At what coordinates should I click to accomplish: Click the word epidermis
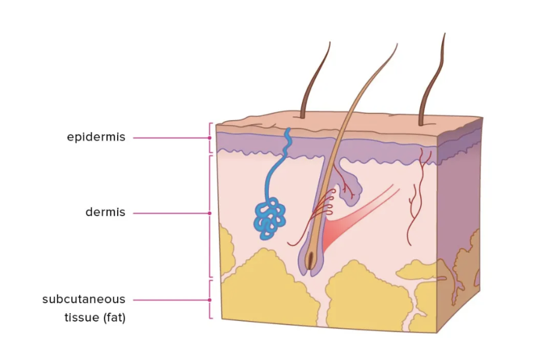(x=96, y=137)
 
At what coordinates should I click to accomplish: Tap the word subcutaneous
(x=83, y=299)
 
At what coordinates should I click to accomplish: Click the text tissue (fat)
(x=94, y=318)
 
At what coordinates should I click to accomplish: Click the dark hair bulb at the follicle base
(x=310, y=259)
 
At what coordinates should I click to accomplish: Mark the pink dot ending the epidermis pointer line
(x=209, y=137)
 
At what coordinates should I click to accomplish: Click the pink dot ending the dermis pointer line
(x=209, y=212)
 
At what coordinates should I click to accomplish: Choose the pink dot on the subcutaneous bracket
(x=209, y=299)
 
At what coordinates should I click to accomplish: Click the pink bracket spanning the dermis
(x=209, y=180)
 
